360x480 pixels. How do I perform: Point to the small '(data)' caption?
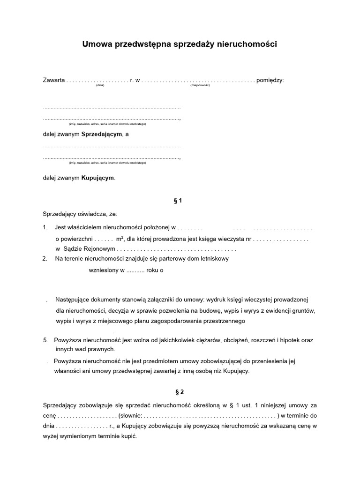click(x=100, y=86)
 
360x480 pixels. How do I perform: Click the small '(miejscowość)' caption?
click(x=200, y=86)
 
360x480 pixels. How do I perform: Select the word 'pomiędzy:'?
click(x=270, y=80)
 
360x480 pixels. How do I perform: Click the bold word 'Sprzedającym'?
click(x=102, y=135)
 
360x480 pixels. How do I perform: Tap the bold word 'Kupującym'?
click(x=97, y=178)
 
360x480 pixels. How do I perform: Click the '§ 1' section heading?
click(x=178, y=201)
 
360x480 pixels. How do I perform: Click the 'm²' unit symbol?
click(x=120, y=238)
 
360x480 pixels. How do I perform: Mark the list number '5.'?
click(x=45, y=340)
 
